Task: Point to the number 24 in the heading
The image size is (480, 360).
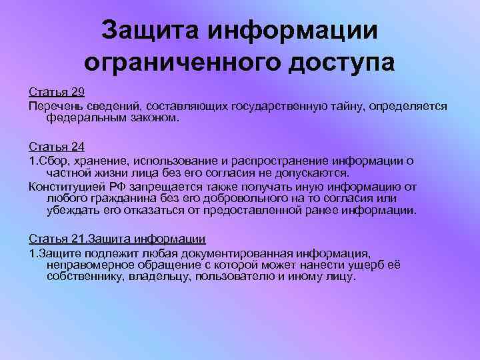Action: pos(77,146)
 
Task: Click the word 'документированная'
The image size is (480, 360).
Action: pos(212,253)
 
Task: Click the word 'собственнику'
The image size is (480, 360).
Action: pos(84,276)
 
